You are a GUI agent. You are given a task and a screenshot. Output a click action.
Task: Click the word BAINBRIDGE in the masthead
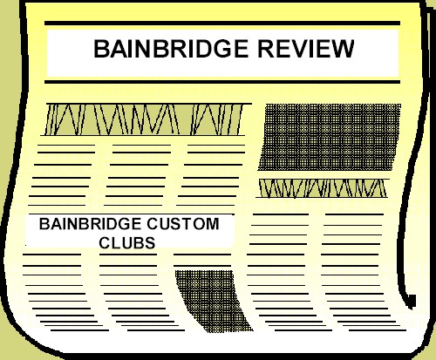tap(171, 49)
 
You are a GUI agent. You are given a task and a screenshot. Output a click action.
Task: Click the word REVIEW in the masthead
tap(306, 49)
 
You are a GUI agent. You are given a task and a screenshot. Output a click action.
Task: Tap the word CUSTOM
tap(183, 224)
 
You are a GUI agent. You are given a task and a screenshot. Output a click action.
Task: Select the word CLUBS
tap(127, 243)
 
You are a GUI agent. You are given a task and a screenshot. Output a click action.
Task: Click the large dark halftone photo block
tap(330, 137)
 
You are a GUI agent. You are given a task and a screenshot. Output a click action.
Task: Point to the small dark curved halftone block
tap(213, 301)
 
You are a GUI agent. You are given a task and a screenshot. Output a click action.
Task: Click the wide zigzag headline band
tap(146, 119)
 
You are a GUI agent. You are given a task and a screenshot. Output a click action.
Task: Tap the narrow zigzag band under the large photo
tap(323, 188)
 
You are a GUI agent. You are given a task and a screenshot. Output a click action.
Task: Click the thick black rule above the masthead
tap(222, 24)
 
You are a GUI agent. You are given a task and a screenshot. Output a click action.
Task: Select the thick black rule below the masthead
tap(222, 82)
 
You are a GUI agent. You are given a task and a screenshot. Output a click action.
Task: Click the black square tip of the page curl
tap(412, 301)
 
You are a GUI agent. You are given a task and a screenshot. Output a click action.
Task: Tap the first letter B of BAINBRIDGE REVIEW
tap(100, 49)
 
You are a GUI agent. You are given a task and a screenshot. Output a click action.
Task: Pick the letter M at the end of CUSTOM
tap(212, 224)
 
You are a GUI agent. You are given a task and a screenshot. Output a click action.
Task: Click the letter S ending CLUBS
tap(150, 243)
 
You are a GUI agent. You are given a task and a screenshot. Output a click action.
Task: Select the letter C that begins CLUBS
tap(105, 243)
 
